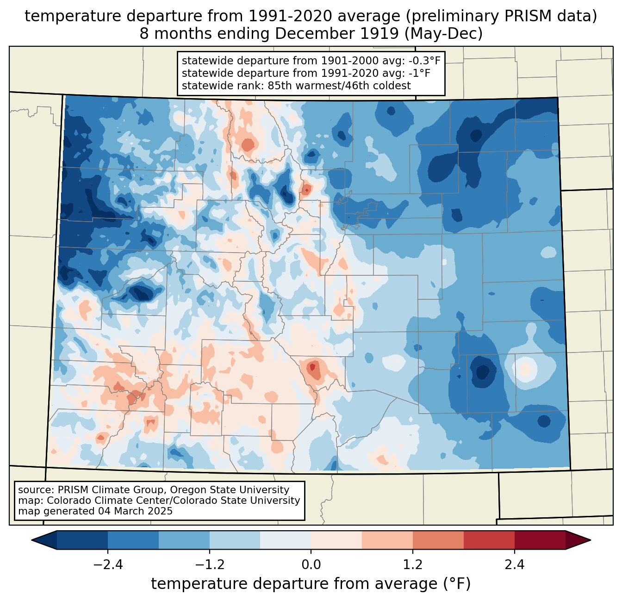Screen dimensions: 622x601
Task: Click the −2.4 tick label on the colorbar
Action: [x=108, y=565]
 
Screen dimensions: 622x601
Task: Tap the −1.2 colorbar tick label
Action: [x=209, y=565]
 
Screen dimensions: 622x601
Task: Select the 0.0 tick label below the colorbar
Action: [x=311, y=565]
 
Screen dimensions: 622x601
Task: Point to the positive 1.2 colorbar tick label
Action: [x=413, y=565]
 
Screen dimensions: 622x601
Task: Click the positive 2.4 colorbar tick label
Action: [x=515, y=565]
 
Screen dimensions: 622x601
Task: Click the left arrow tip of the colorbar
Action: [x=31, y=540]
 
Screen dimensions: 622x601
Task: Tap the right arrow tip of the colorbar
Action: [x=591, y=540]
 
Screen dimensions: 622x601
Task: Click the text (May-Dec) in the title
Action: [x=444, y=34]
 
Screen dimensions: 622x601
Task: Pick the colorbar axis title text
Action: [x=311, y=584]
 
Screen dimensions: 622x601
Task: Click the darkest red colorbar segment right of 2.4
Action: [x=540, y=540]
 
